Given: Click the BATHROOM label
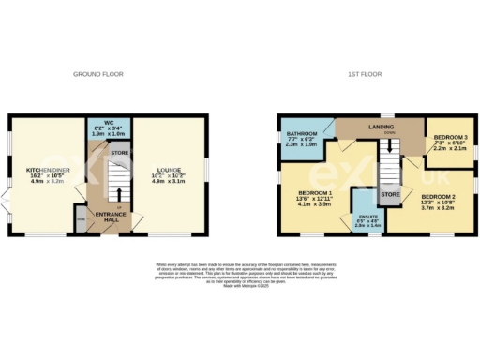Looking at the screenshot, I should pos(302,134).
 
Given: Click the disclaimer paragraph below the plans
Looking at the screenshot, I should pos(240,271).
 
